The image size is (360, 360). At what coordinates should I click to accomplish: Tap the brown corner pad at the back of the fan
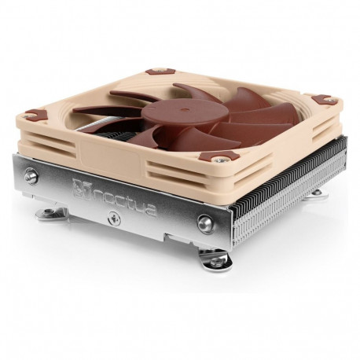[160, 71]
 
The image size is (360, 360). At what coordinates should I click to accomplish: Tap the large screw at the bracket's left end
[31, 175]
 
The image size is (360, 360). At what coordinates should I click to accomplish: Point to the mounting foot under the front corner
[213, 259]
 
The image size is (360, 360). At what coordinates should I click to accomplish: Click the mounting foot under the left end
[47, 212]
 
